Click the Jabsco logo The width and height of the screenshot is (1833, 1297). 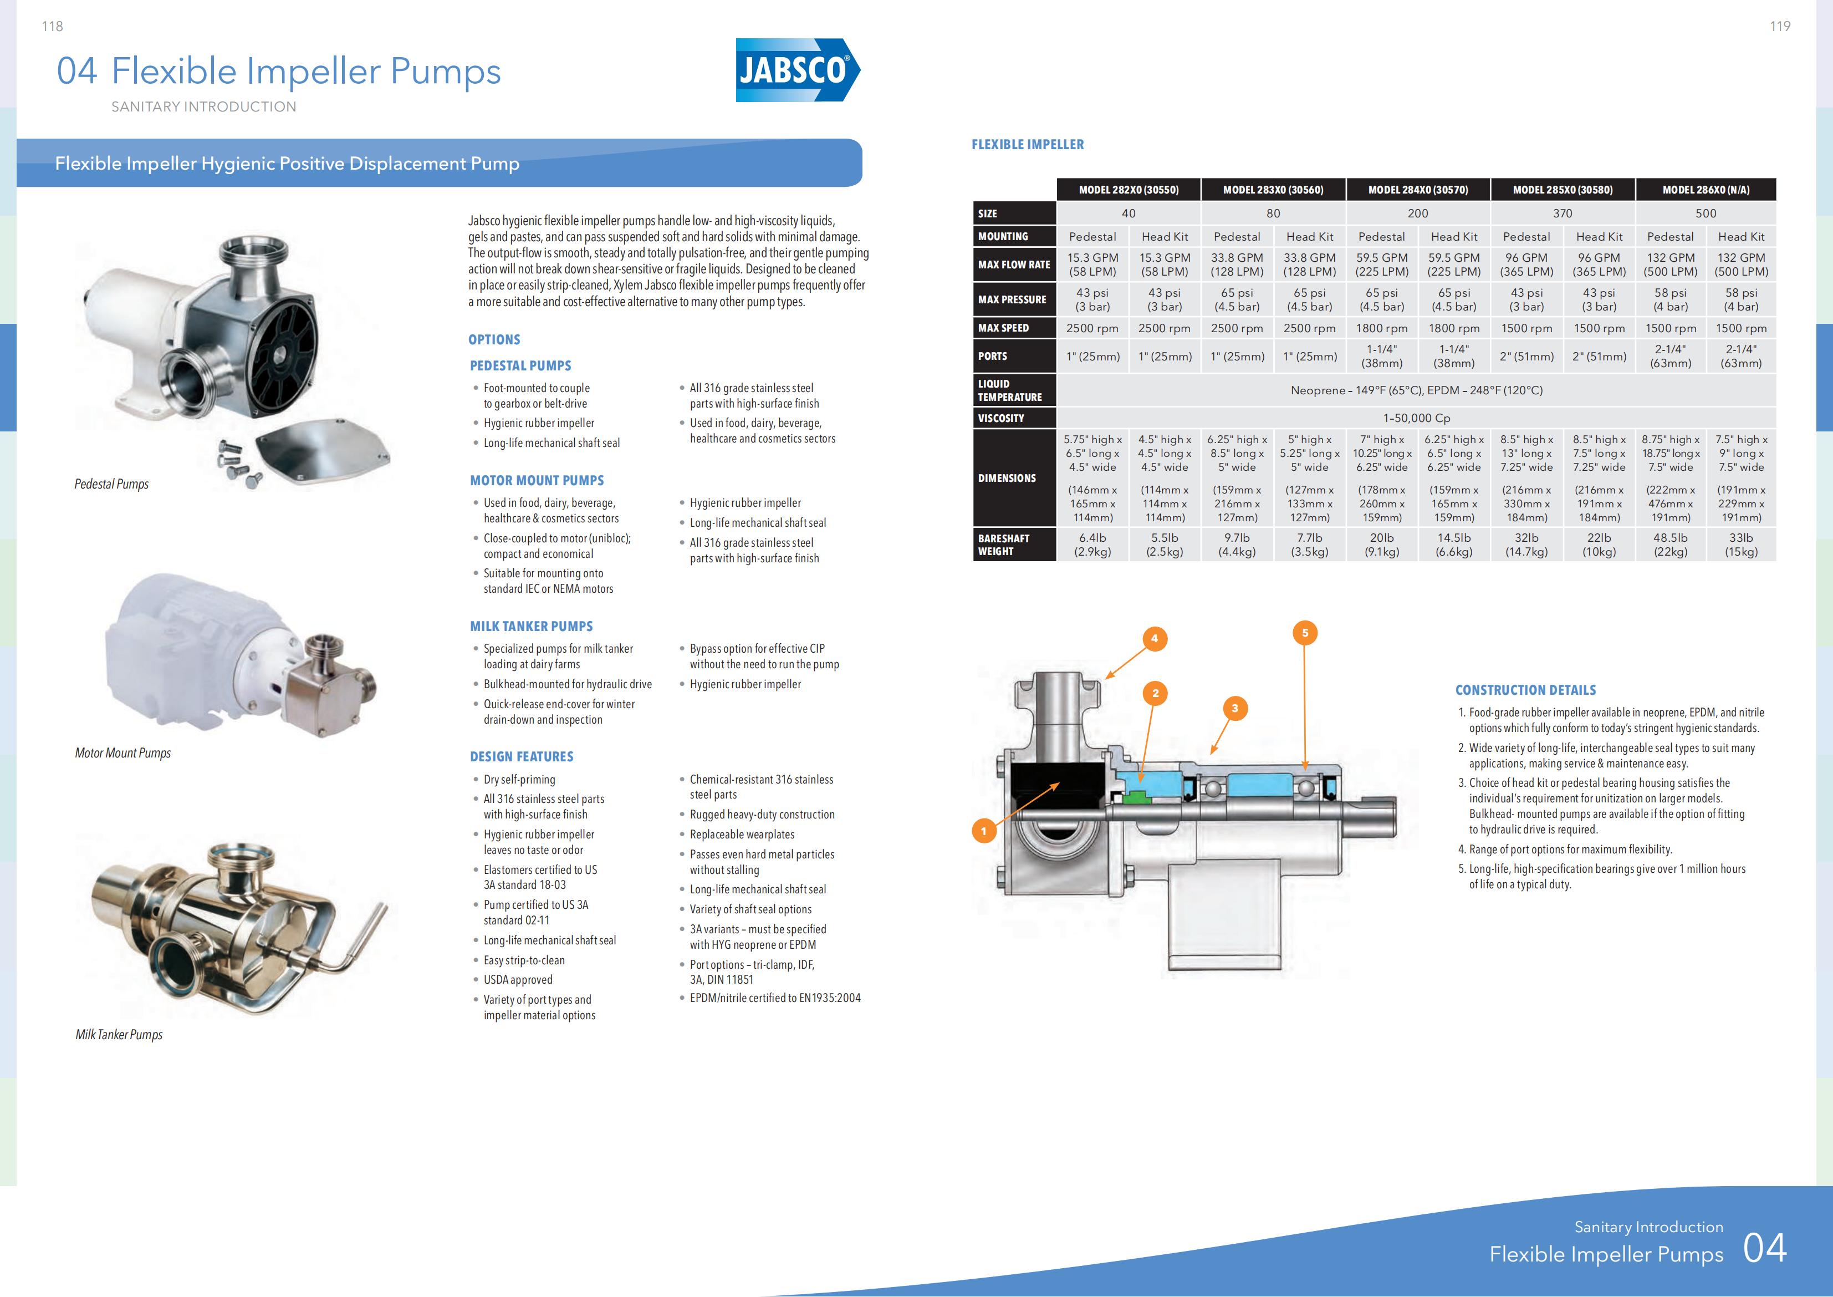796,70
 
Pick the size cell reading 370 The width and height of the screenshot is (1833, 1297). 1563,213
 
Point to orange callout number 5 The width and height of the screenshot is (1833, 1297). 1305,633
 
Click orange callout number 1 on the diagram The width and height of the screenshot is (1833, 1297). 983,831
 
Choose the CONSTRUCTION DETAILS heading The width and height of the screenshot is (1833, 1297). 1525,690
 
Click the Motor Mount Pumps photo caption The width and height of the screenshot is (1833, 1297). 123,753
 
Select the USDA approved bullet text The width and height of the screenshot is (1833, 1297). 517,980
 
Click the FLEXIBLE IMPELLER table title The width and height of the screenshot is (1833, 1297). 1028,145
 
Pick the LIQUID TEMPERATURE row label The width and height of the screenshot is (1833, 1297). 1009,390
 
